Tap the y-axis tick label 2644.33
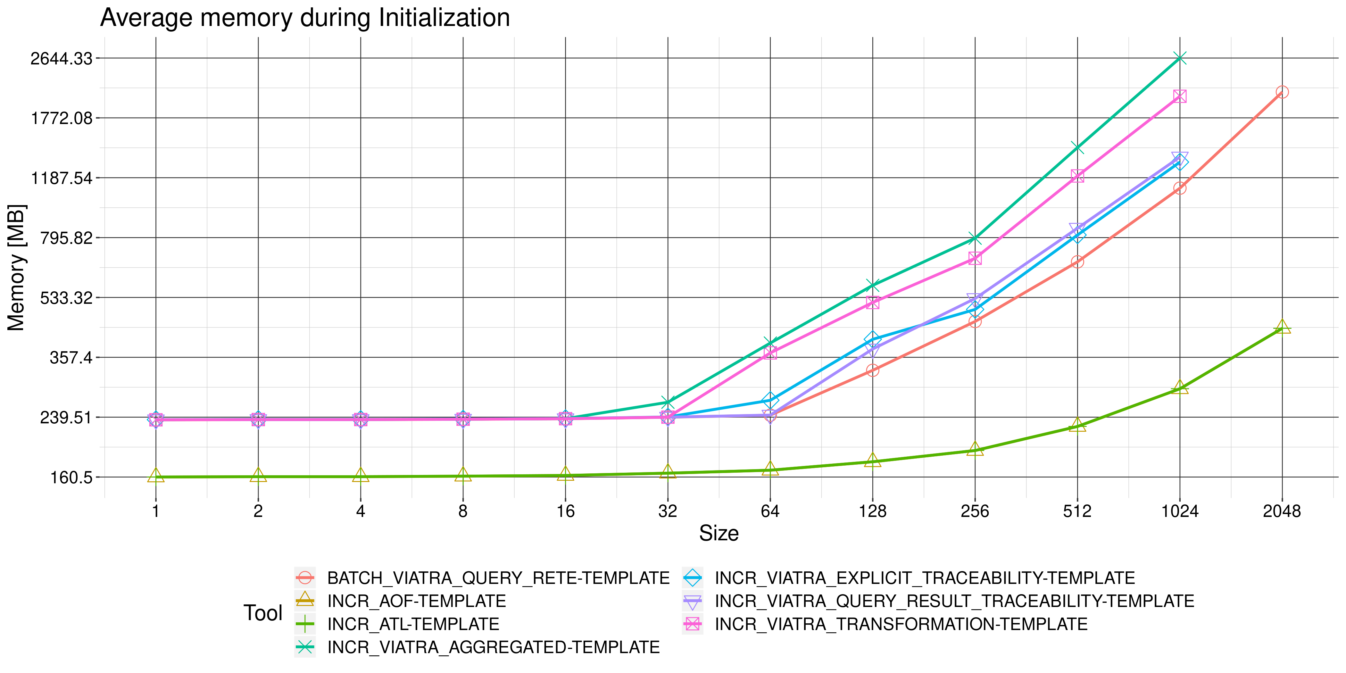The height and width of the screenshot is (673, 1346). pyautogui.click(x=61, y=59)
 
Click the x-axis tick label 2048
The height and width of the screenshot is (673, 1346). pyautogui.click(x=1282, y=511)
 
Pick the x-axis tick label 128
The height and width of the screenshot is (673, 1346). pyautogui.click(x=872, y=511)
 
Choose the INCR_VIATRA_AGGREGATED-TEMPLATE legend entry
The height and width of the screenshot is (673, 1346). pyautogui.click(x=493, y=647)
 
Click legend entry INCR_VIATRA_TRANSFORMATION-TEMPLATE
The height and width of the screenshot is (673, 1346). pyautogui.click(x=901, y=624)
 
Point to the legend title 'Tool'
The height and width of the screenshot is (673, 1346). pyautogui.click(x=263, y=613)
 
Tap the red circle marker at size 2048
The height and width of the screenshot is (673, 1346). pyautogui.click(x=1282, y=92)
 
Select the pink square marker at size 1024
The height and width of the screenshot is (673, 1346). pyautogui.click(x=1179, y=96)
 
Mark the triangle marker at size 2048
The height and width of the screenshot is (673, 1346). pyautogui.click(x=1282, y=328)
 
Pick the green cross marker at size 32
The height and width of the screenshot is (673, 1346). pyautogui.click(x=667, y=402)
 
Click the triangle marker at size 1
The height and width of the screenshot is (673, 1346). pyautogui.click(x=156, y=476)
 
